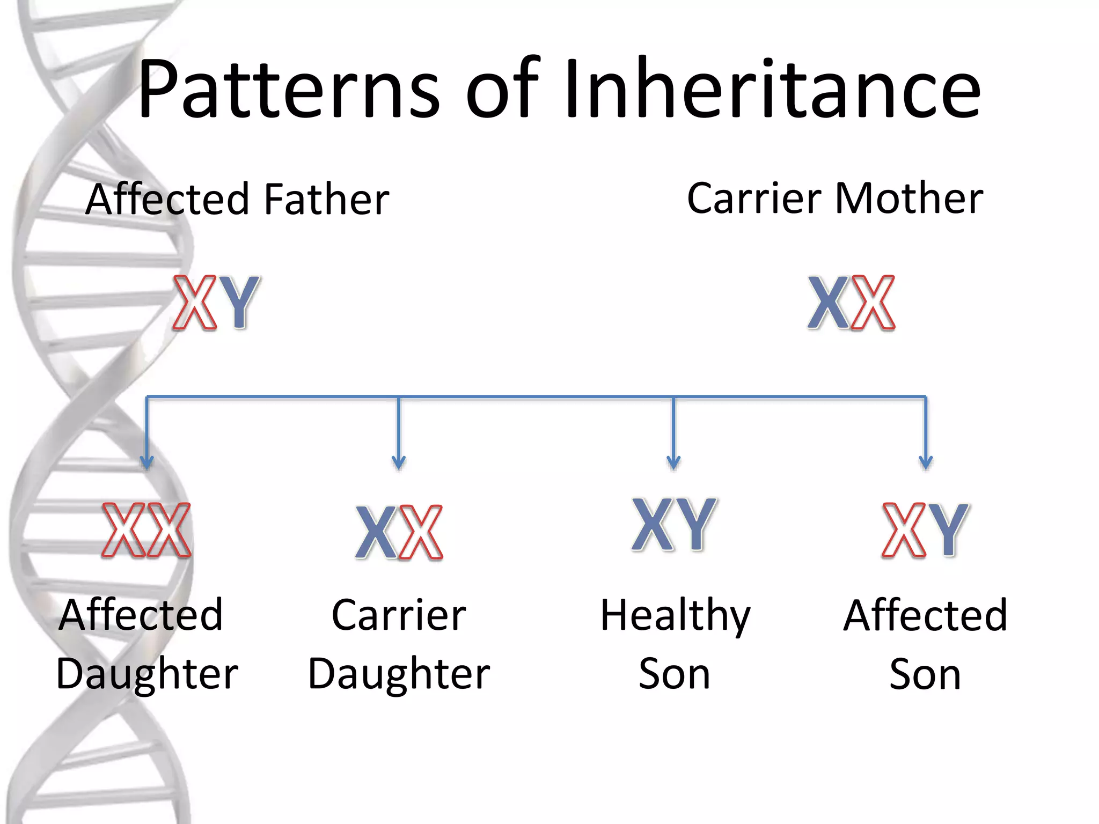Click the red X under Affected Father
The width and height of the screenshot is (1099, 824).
pyautogui.click(x=195, y=302)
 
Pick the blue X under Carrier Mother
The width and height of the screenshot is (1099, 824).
pyautogui.click(x=829, y=302)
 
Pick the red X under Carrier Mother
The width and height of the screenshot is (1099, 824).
pyautogui.click(x=873, y=302)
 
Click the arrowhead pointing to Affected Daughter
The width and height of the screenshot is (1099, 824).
pyautogui.click(x=147, y=462)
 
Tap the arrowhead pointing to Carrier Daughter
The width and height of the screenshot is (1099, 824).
pyautogui.click(x=399, y=462)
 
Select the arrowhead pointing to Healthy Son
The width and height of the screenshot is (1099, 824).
pyautogui.click(x=673, y=462)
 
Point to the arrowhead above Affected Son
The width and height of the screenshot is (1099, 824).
pyautogui.click(x=926, y=462)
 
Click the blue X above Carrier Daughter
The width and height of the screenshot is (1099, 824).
pyautogui.click(x=377, y=532)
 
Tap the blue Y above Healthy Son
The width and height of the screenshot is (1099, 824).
pyautogui.click(x=696, y=524)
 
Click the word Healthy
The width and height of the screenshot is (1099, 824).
pyautogui.click(x=675, y=615)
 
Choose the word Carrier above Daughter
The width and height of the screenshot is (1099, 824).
pyautogui.click(x=399, y=615)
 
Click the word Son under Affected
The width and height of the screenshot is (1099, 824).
pyautogui.click(x=925, y=674)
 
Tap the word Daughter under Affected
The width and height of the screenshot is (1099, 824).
pyautogui.click(x=147, y=674)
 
